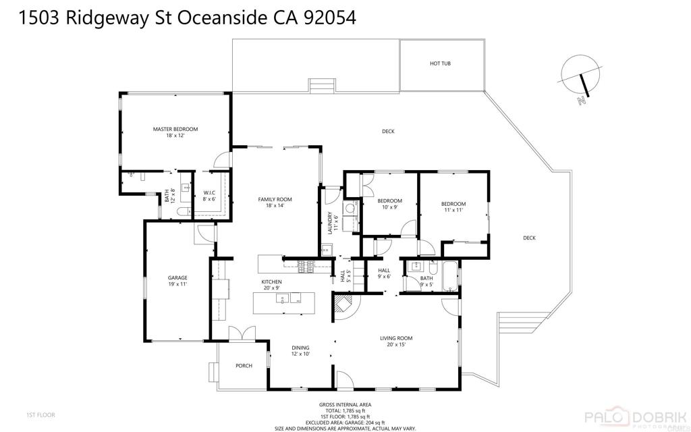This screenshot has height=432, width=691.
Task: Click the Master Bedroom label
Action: coord(175,132)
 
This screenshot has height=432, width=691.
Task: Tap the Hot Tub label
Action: coord(440,63)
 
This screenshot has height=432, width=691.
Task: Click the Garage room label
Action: coord(177,281)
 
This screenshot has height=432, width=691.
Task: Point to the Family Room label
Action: coord(275,202)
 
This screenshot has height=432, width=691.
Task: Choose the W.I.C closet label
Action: coord(209,196)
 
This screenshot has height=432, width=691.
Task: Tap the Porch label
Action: coord(244,366)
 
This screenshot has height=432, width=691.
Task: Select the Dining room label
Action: coord(300,350)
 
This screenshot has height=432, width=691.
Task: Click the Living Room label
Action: coord(395,342)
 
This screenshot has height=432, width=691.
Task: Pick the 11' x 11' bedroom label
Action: coord(453,207)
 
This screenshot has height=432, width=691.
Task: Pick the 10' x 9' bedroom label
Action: coord(389,205)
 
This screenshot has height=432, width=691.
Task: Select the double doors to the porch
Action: coord(242,333)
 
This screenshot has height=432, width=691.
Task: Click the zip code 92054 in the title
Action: coord(329,18)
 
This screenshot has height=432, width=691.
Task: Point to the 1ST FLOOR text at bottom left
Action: coord(40,414)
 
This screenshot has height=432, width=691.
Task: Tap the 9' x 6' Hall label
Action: coord(384,273)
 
